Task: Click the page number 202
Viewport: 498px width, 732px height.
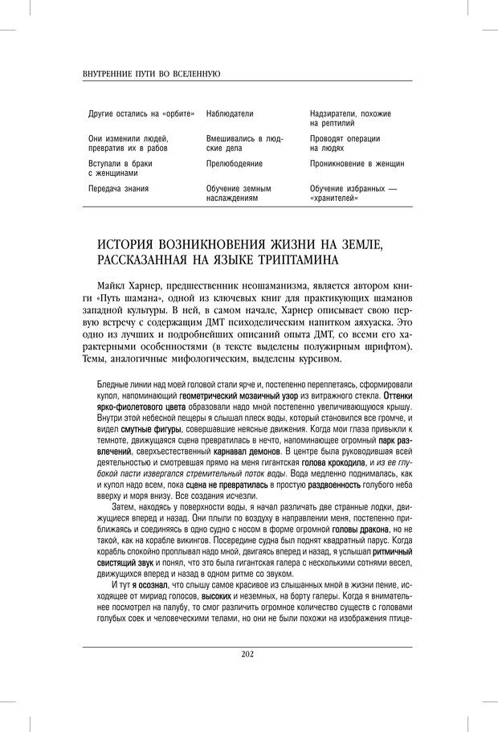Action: pyautogui.click(x=247, y=654)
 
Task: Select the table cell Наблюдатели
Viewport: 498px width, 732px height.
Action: pyautogui.click(x=230, y=114)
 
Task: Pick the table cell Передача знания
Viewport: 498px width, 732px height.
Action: pyautogui.click(x=118, y=188)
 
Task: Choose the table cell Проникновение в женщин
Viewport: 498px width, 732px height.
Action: pyautogui.click(x=357, y=163)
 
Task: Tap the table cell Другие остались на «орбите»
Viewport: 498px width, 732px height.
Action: pyautogui.click(x=141, y=114)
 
